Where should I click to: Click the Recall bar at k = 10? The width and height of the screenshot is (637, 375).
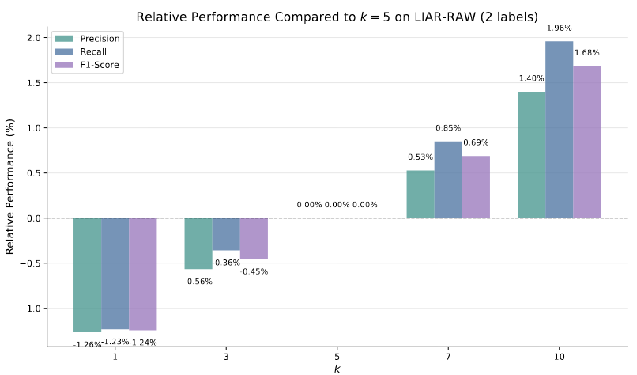point(559,130)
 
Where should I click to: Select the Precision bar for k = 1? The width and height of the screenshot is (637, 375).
point(87,275)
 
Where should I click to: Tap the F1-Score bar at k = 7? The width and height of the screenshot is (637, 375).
point(476,187)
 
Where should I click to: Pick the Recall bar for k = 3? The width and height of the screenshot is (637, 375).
point(226,234)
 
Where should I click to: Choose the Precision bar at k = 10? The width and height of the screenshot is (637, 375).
point(531,154)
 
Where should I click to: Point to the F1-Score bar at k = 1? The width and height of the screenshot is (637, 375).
point(142,274)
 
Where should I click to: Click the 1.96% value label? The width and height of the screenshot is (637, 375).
point(559,28)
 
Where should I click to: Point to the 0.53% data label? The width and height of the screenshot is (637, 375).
point(420,157)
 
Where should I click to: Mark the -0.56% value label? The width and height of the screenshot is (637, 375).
point(198,282)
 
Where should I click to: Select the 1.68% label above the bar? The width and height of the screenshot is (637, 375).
point(586,53)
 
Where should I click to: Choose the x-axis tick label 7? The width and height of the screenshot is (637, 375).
point(448,358)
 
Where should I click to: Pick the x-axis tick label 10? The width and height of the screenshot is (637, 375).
point(559,358)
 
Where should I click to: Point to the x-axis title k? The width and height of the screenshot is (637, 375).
point(337,369)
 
